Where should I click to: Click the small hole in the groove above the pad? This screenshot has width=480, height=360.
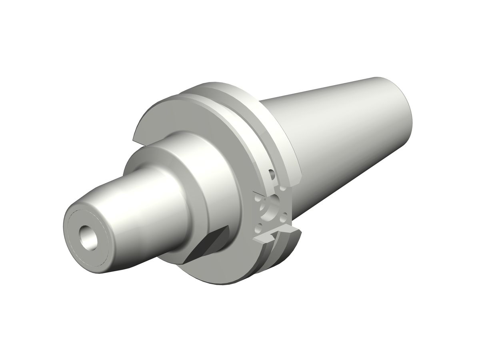tap(272, 174)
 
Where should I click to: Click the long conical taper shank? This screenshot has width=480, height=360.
tap(340, 132)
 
